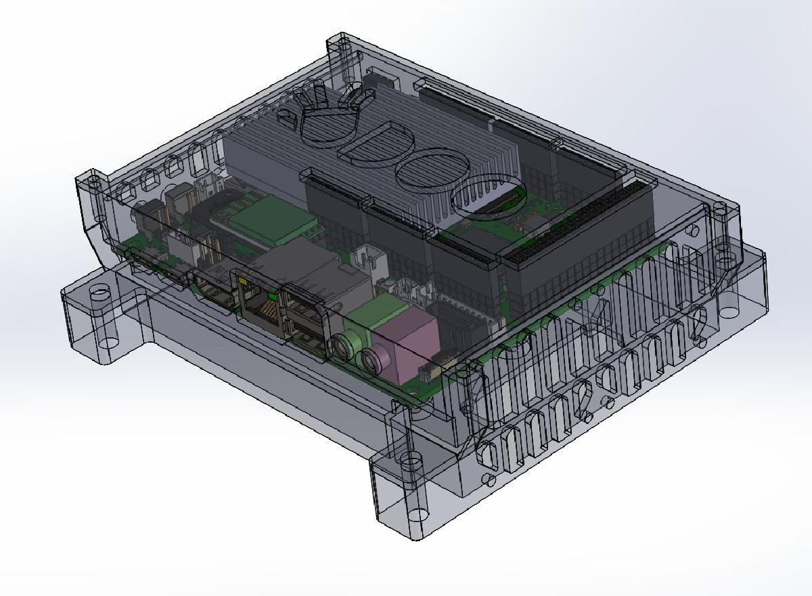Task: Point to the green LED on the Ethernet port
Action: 272,295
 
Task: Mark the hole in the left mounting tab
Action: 99,293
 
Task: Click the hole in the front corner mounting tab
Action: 409,463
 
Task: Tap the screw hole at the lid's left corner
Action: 94,183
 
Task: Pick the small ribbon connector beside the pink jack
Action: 428,370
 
